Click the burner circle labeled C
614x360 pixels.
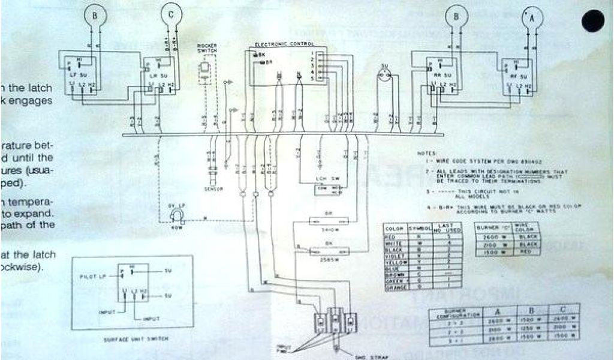pyautogui.click(x=171, y=16)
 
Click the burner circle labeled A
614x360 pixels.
pyautogui.click(x=531, y=19)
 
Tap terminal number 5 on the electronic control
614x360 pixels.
pyautogui.click(x=312, y=79)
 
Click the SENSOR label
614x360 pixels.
pyautogui.click(x=214, y=189)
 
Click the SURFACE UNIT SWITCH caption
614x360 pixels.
pyautogui.click(x=132, y=340)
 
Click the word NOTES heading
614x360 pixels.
pyautogui.click(x=427, y=153)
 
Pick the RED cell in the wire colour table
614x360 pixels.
pyautogui.click(x=393, y=238)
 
